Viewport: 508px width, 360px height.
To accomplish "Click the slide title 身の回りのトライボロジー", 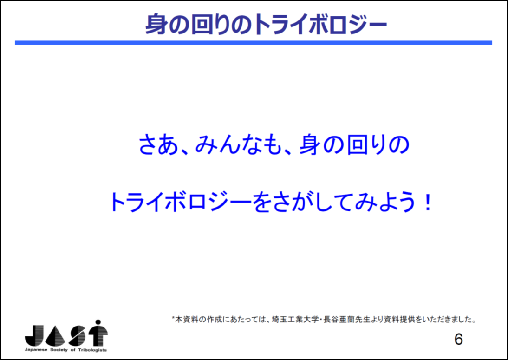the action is pyautogui.click(x=266, y=24).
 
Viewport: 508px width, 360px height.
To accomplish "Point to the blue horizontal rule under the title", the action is pyautogui.click(x=254, y=43).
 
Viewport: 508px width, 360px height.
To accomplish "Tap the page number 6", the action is pyautogui.click(x=458, y=339).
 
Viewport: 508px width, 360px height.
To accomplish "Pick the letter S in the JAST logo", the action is pyautogui.click(x=77, y=336).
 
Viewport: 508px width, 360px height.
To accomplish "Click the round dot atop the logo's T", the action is pyautogui.click(x=98, y=323).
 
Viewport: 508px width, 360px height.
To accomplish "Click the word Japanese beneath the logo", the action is pyautogui.click(x=35, y=350).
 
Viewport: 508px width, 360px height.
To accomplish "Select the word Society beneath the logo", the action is pyautogui.click(x=58, y=350).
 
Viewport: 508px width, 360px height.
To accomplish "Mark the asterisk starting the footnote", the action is pyautogui.click(x=173, y=318).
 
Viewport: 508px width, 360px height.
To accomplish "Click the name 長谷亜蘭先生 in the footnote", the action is pyautogui.click(x=345, y=320).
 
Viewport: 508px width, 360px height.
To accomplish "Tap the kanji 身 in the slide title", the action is pyautogui.click(x=155, y=24).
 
